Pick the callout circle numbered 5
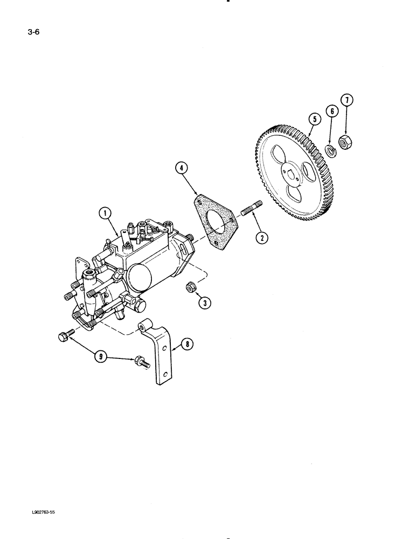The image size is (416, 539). click(x=313, y=119)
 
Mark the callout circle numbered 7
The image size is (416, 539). click(x=347, y=101)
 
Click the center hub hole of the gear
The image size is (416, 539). click(x=292, y=174)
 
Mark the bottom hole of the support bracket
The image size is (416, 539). click(x=168, y=376)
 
